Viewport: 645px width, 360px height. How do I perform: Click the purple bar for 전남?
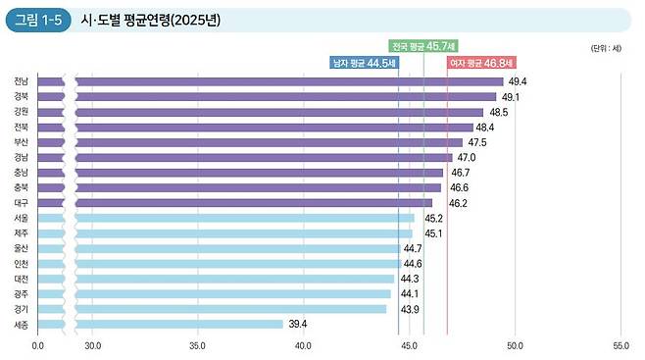click(x=284, y=81)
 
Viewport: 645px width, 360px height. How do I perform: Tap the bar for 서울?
click(x=240, y=218)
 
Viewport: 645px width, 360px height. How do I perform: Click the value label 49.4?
click(x=518, y=81)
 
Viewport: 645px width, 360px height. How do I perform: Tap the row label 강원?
click(x=21, y=112)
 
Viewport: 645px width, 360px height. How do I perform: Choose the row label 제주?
click(x=21, y=233)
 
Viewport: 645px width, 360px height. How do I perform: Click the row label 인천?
click(x=21, y=264)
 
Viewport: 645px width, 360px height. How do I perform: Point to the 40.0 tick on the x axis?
click(x=303, y=345)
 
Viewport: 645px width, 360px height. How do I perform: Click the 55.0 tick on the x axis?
click(x=620, y=345)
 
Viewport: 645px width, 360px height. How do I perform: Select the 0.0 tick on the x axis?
click(x=38, y=345)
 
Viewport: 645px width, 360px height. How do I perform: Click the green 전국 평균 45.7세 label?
click(x=423, y=46)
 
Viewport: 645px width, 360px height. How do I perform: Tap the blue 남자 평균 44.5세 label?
click(x=365, y=62)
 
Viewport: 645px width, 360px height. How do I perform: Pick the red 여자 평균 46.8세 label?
click(x=480, y=62)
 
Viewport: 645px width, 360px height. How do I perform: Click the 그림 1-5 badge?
click(x=37, y=21)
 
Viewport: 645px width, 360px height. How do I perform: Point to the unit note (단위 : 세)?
click(x=606, y=47)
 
